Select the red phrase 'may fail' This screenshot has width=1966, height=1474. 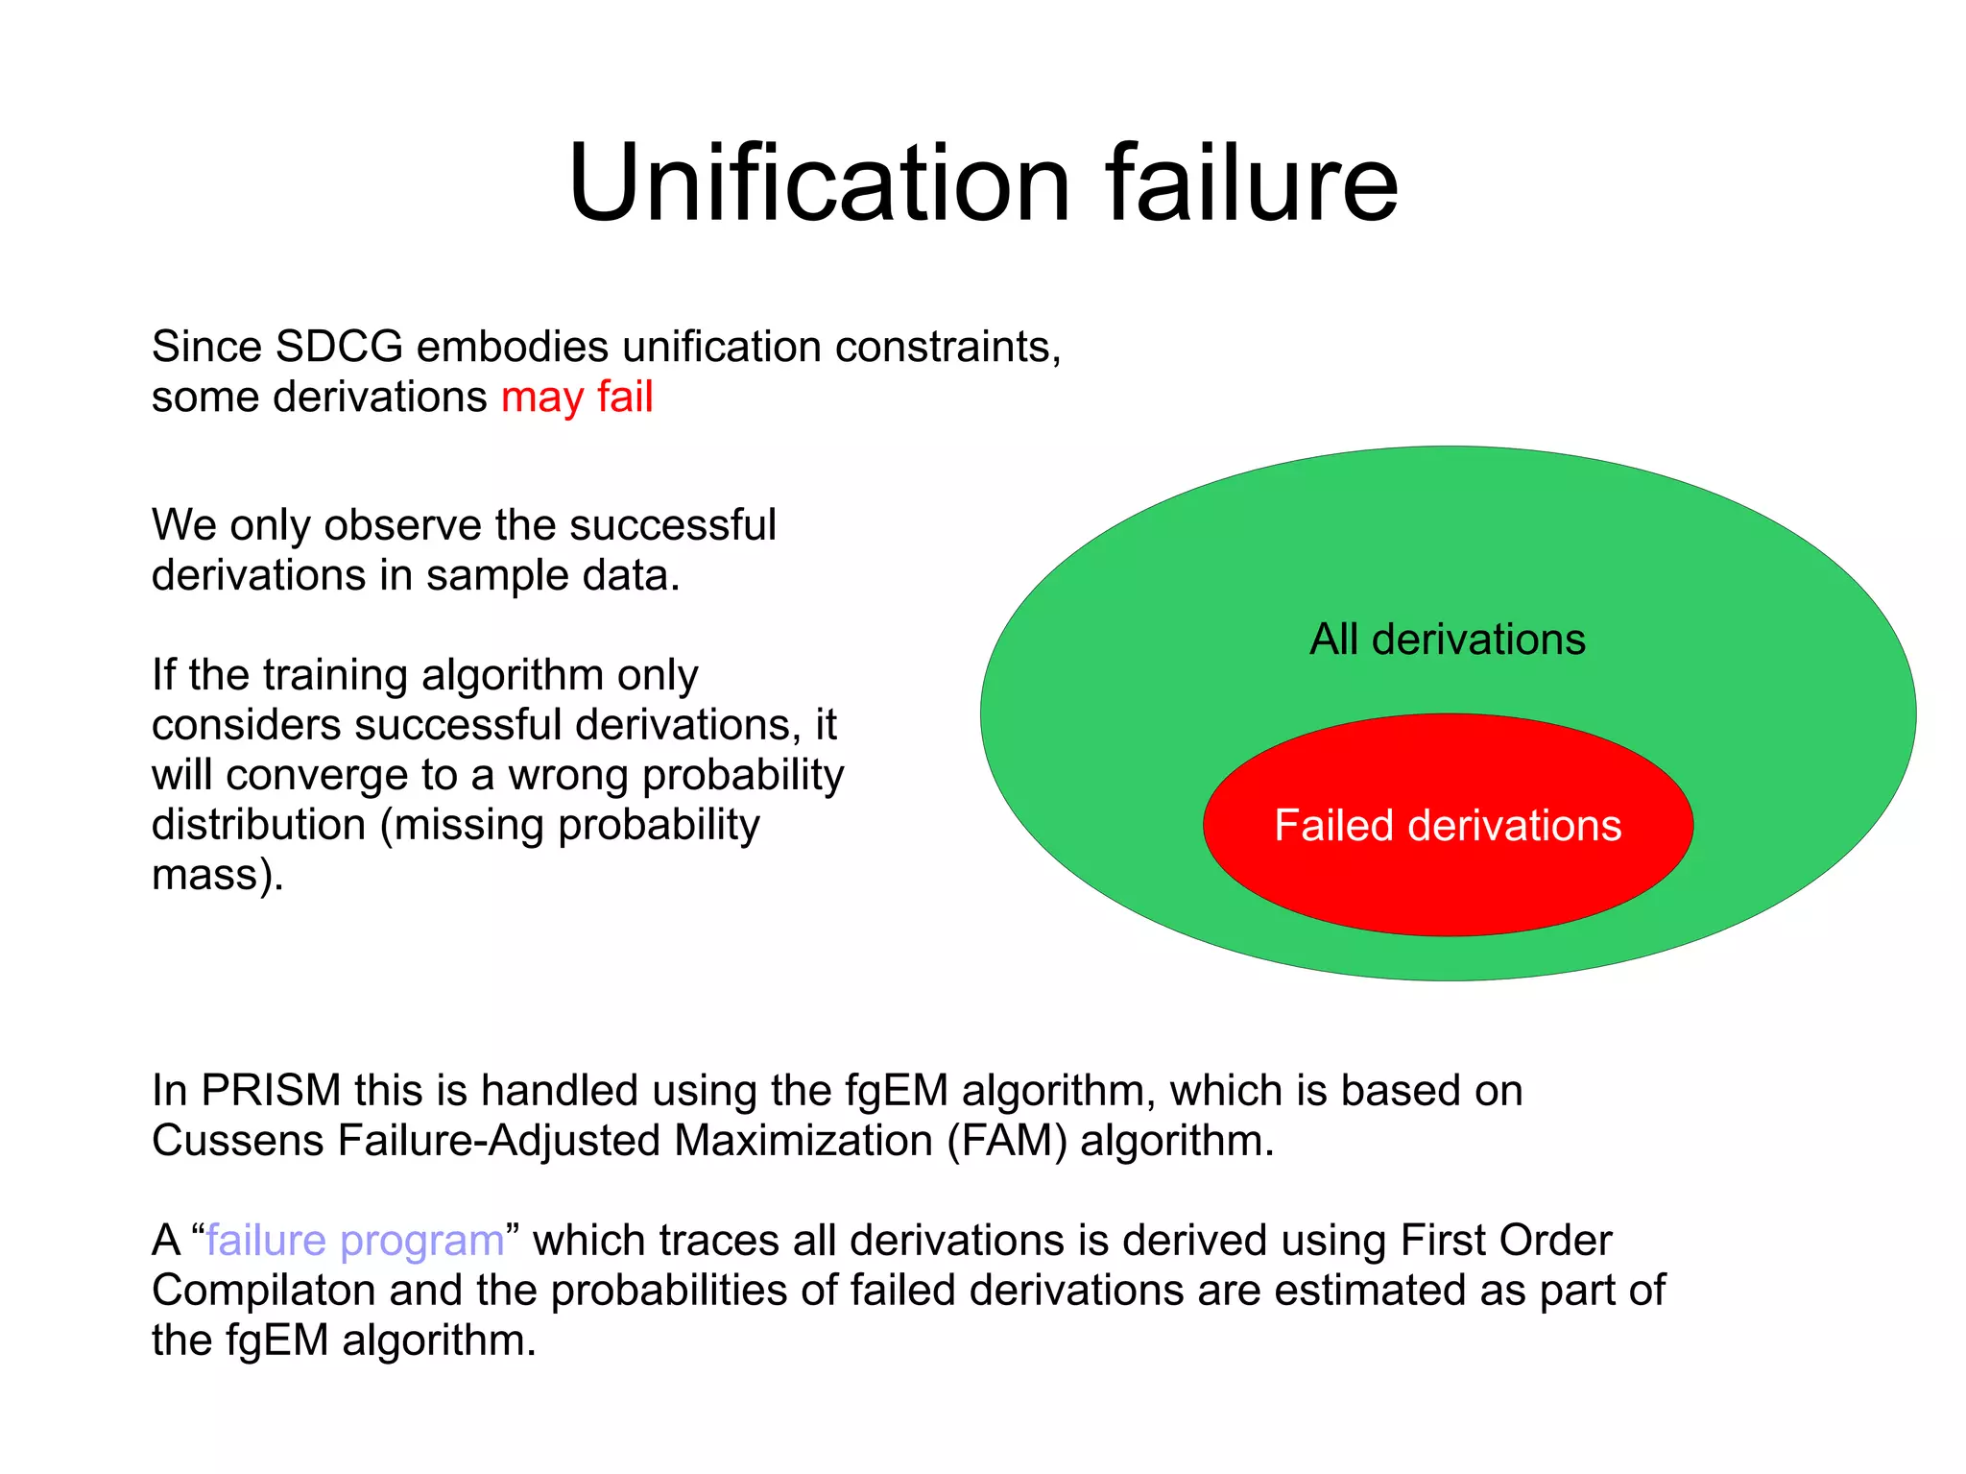click(x=577, y=397)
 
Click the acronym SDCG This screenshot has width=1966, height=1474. click(x=339, y=347)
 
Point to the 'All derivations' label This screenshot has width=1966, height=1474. click(x=1448, y=640)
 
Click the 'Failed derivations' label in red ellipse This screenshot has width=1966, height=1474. click(x=1448, y=826)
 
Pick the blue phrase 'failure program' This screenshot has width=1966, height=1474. click(x=355, y=1241)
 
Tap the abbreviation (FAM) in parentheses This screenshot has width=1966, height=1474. click(x=1007, y=1141)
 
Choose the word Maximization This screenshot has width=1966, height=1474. click(x=803, y=1141)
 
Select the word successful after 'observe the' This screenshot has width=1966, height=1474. click(x=672, y=525)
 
